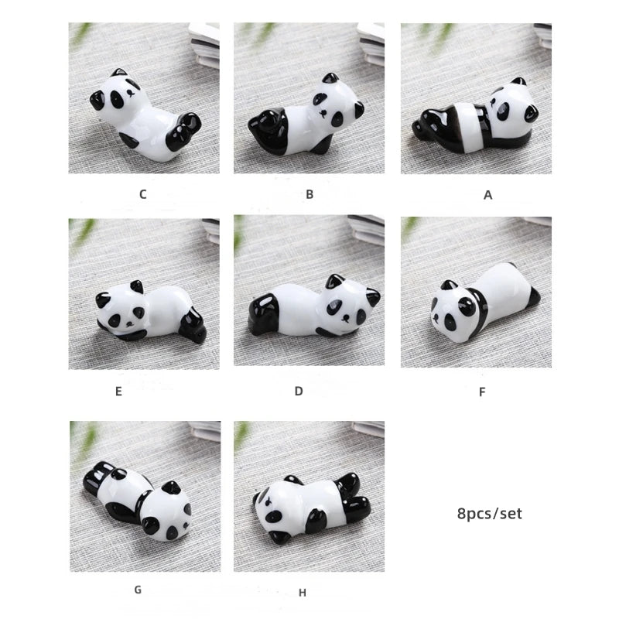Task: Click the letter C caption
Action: coord(143,194)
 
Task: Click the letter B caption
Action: coord(309,194)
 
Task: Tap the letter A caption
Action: coord(488,195)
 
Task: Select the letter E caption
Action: coord(118,392)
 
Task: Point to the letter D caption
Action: coord(299,392)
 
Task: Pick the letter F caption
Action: coord(482,392)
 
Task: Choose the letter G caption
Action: coord(138,590)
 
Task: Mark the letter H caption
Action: coord(303,593)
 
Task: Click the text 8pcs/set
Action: coord(490,514)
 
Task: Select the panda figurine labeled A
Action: coord(475,118)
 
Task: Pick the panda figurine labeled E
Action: coord(150,312)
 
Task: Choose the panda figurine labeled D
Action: coord(314,306)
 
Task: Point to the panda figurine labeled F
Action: coord(485,302)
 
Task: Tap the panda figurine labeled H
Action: coord(312,508)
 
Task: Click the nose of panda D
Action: coord(346,317)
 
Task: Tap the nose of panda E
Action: coord(128,323)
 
